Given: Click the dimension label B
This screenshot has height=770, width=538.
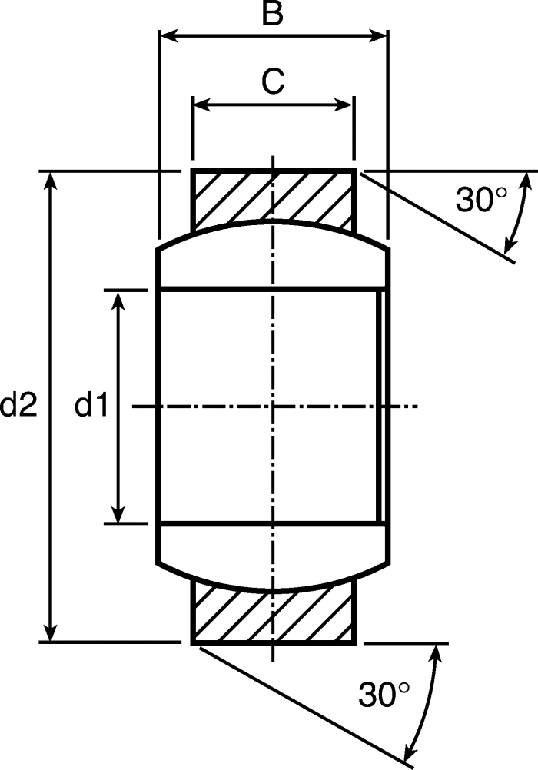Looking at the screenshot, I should coord(272,13).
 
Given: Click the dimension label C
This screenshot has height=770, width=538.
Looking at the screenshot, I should coord(273,81).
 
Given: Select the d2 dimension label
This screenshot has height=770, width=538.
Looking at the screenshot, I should coord(18,406).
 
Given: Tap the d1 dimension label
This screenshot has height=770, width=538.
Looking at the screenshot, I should coord(91,406).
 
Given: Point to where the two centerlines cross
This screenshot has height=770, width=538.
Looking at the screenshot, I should coord(273,406).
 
